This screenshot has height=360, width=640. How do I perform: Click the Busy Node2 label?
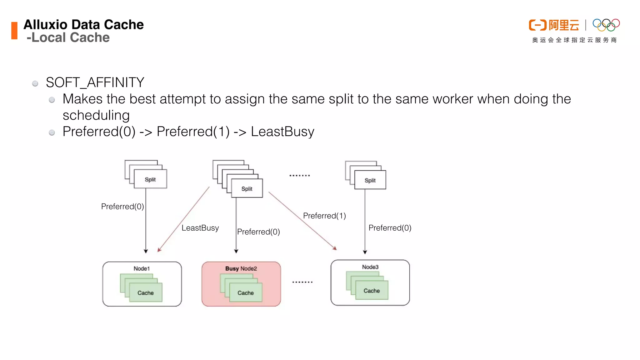tap(241, 268)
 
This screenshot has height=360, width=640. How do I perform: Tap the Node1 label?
tap(142, 268)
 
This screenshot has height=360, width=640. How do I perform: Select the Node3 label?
tap(370, 267)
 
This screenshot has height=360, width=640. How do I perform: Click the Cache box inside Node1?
tap(146, 293)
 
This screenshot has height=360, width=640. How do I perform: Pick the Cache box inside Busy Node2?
tap(246, 293)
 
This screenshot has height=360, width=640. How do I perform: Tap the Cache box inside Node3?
tap(372, 291)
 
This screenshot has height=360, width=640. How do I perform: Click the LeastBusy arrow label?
tap(200, 228)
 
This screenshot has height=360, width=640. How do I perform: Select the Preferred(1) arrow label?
tap(324, 216)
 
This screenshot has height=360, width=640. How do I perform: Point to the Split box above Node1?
tap(150, 179)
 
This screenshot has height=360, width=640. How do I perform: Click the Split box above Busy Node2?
tap(247, 189)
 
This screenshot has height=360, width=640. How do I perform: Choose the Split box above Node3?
tap(370, 180)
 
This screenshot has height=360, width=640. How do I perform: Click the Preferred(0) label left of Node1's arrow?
tap(122, 207)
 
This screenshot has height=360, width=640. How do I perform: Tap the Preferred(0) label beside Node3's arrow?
tap(390, 228)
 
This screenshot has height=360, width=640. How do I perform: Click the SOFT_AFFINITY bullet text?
tap(95, 82)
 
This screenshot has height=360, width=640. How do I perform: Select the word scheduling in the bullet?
tap(96, 115)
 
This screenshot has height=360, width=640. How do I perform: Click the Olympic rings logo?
tap(606, 25)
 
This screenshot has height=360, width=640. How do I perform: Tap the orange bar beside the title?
tap(14, 31)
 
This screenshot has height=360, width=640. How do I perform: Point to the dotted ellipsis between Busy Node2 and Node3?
tap(302, 282)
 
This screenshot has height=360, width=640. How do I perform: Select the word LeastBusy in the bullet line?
tap(282, 132)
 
